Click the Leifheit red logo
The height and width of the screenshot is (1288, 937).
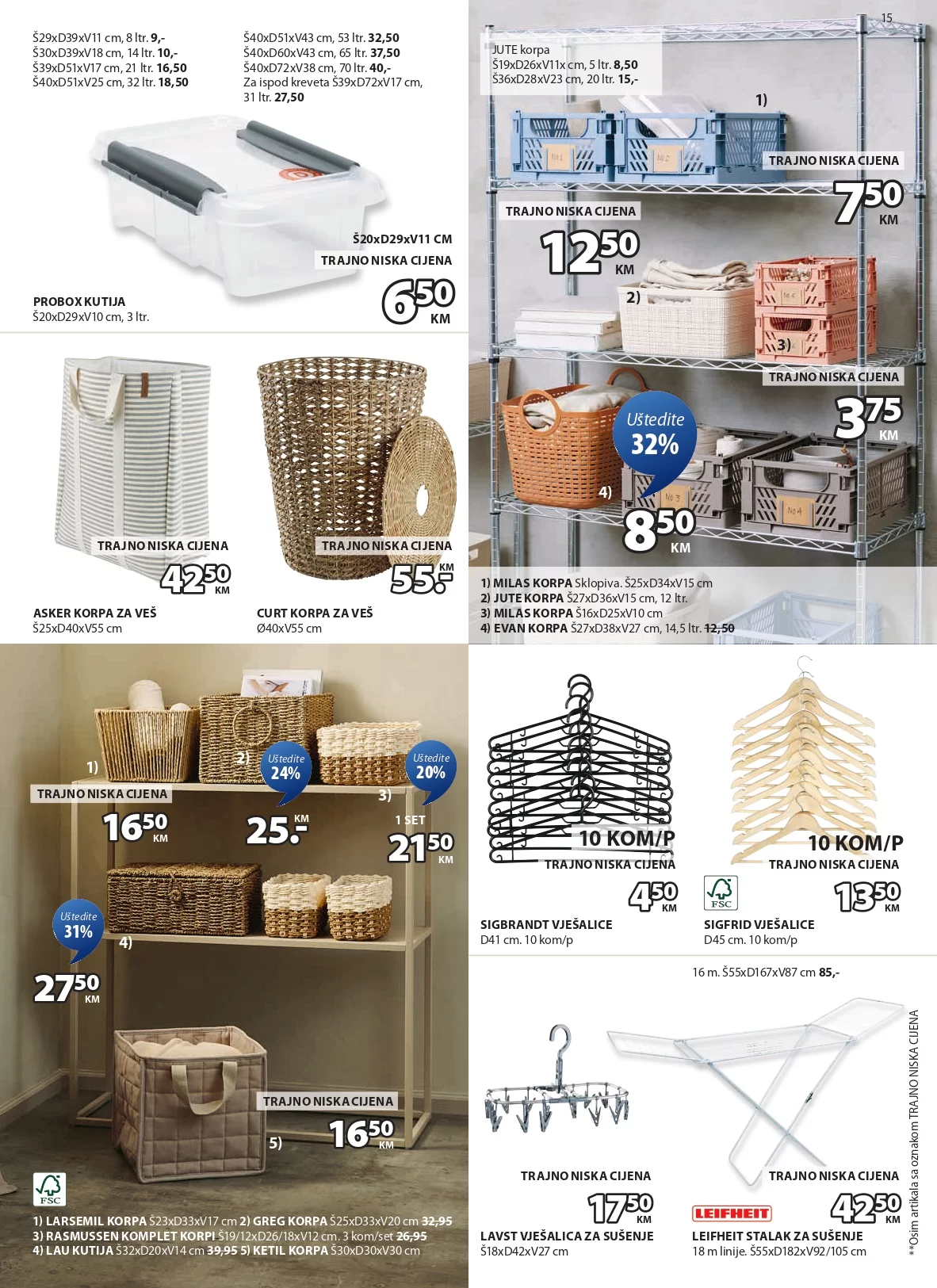pyautogui.click(x=732, y=1213)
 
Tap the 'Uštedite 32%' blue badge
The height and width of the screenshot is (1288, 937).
pyautogui.click(x=655, y=434)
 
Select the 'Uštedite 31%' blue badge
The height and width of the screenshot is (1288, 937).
pyautogui.click(x=78, y=926)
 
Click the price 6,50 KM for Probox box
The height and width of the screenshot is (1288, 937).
pyautogui.click(x=418, y=300)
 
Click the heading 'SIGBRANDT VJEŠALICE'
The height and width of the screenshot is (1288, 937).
pyautogui.click(x=546, y=924)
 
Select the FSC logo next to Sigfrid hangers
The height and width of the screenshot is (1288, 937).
pyautogui.click(x=721, y=893)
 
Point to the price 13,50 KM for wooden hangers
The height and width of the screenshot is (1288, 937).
pyautogui.click(x=868, y=896)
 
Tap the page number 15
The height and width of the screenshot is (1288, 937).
pyautogui.click(x=886, y=17)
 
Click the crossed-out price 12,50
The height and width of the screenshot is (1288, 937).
pyautogui.click(x=719, y=628)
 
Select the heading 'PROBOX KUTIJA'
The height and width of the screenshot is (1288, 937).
pyautogui.click(x=79, y=301)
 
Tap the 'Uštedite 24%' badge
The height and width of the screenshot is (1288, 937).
pyautogui.click(x=285, y=767)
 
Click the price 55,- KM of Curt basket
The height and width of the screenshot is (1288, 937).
pyautogui.click(x=422, y=579)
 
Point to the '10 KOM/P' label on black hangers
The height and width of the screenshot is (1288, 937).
pyautogui.click(x=626, y=838)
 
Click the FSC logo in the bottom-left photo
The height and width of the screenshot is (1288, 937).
pyautogui.click(x=49, y=1189)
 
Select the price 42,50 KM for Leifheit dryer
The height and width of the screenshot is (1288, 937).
pyautogui.click(x=866, y=1208)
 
